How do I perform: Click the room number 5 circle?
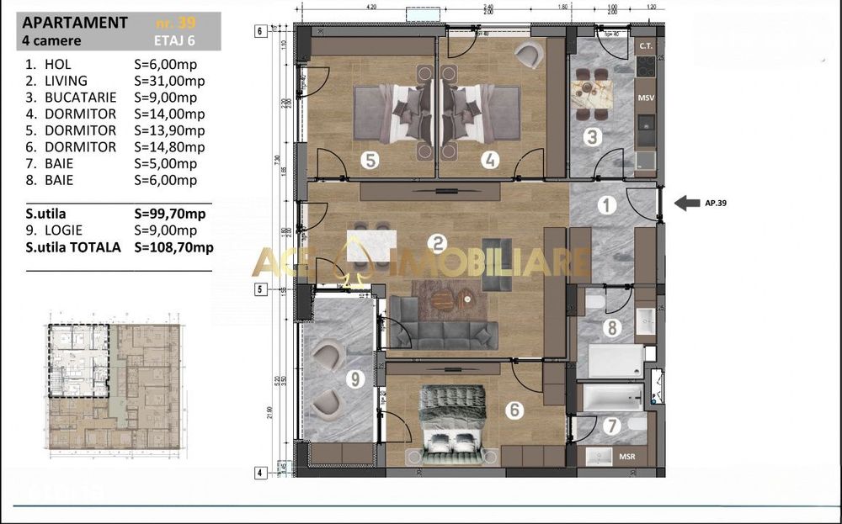[369, 160]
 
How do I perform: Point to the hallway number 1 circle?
[607, 204]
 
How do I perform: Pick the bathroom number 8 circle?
[612, 328]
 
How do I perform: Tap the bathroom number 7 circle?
[612, 426]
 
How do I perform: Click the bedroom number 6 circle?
[515, 410]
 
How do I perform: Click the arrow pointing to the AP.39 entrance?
[687, 202]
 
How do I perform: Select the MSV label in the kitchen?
[647, 98]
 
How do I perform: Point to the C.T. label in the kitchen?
[647, 45]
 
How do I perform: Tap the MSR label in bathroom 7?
[627, 457]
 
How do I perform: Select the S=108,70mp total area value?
[173, 247]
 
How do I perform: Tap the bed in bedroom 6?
[453, 425]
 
